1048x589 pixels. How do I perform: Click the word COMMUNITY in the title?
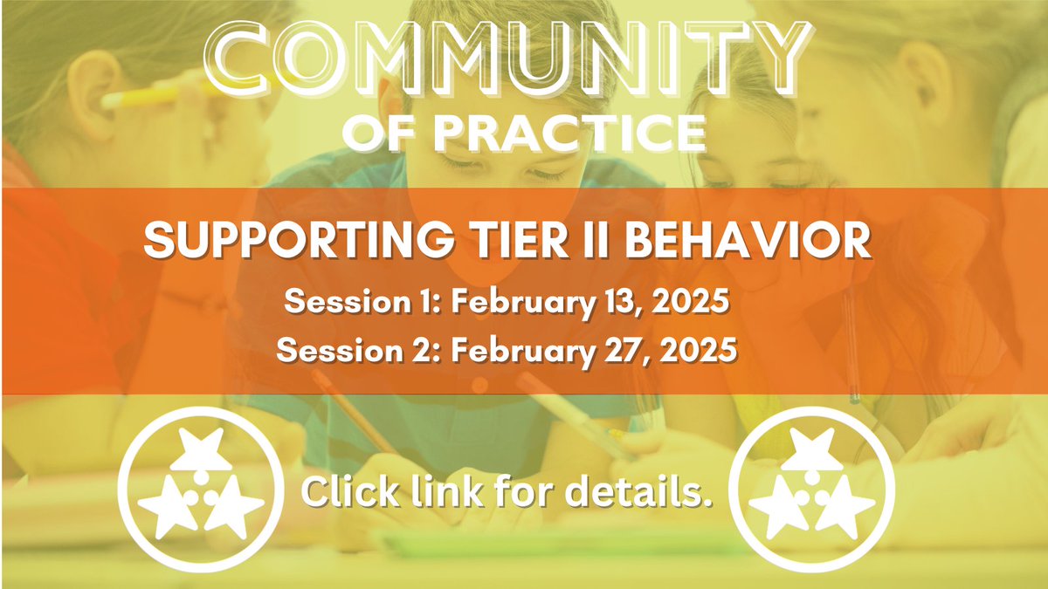pyautogui.click(x=507, y=59)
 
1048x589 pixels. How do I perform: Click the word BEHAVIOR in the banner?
pyautogui.click(x=748, y=241)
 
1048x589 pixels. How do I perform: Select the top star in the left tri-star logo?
pyautogui.click(x=202, y=449)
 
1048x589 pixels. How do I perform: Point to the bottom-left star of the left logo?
pyautogui.click(x=168, y=507)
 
